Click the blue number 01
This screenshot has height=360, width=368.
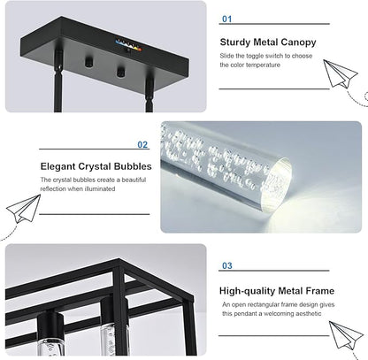[x=227, y=19]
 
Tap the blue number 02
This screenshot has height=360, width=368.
[x=142, y=145]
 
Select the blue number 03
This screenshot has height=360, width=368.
[x=227, y=265]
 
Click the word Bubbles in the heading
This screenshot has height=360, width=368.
[x=133, y=166]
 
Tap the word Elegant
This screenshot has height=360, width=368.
[x=57, y=166]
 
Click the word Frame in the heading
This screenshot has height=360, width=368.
[x=319, y=291]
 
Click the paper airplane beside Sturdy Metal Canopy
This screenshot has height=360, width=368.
[x=340, y=73]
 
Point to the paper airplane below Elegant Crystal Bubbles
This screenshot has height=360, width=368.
[x=24, y=209]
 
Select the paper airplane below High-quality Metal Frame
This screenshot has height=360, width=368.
[x=346, y=335]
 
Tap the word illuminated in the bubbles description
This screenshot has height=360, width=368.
[x=100, y=189]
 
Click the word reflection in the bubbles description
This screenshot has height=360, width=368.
[x=53, y=189]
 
